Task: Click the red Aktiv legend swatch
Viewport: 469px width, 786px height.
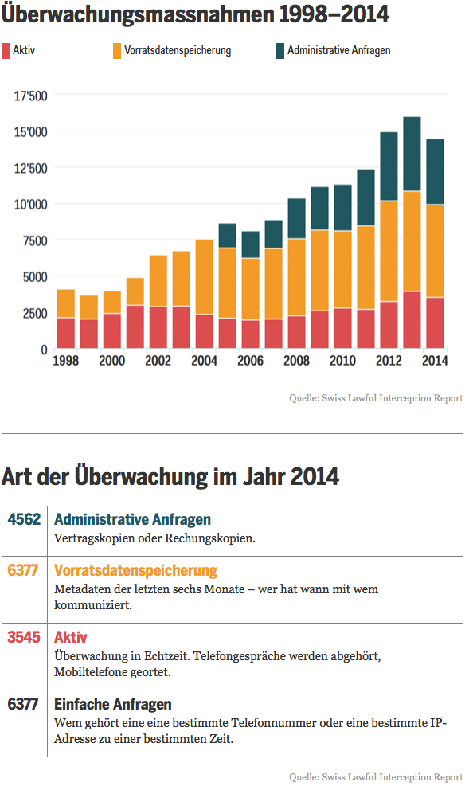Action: pos(6,51)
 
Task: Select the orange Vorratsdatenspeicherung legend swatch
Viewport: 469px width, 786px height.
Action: pos(117,51)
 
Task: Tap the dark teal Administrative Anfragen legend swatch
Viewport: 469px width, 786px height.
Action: pos(280,51)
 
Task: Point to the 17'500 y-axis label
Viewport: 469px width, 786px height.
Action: pos(30,96)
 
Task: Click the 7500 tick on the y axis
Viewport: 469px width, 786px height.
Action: pos(35,240)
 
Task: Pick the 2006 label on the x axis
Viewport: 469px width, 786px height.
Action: pos(250,361)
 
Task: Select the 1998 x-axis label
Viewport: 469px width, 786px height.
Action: pos(65,361)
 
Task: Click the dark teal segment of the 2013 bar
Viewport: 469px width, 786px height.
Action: pos(412,154)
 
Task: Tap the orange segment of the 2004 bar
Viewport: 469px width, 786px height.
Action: pos(205,276)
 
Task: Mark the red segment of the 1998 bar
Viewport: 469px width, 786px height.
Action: pos(66,333)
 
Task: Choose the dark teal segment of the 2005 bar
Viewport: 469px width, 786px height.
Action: pos(228,236)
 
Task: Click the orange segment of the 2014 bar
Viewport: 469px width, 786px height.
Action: pos(435,251)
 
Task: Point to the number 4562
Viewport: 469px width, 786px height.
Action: pos(24,519)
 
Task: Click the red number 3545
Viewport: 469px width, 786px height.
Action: pos(24,637)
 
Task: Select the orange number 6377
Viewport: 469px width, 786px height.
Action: pos(23,570)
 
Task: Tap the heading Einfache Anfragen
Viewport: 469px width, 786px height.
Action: pos(113,704)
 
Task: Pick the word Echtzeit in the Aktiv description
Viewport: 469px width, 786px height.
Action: pos(166,655)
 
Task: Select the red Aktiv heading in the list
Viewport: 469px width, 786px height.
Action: pos(71,637)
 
